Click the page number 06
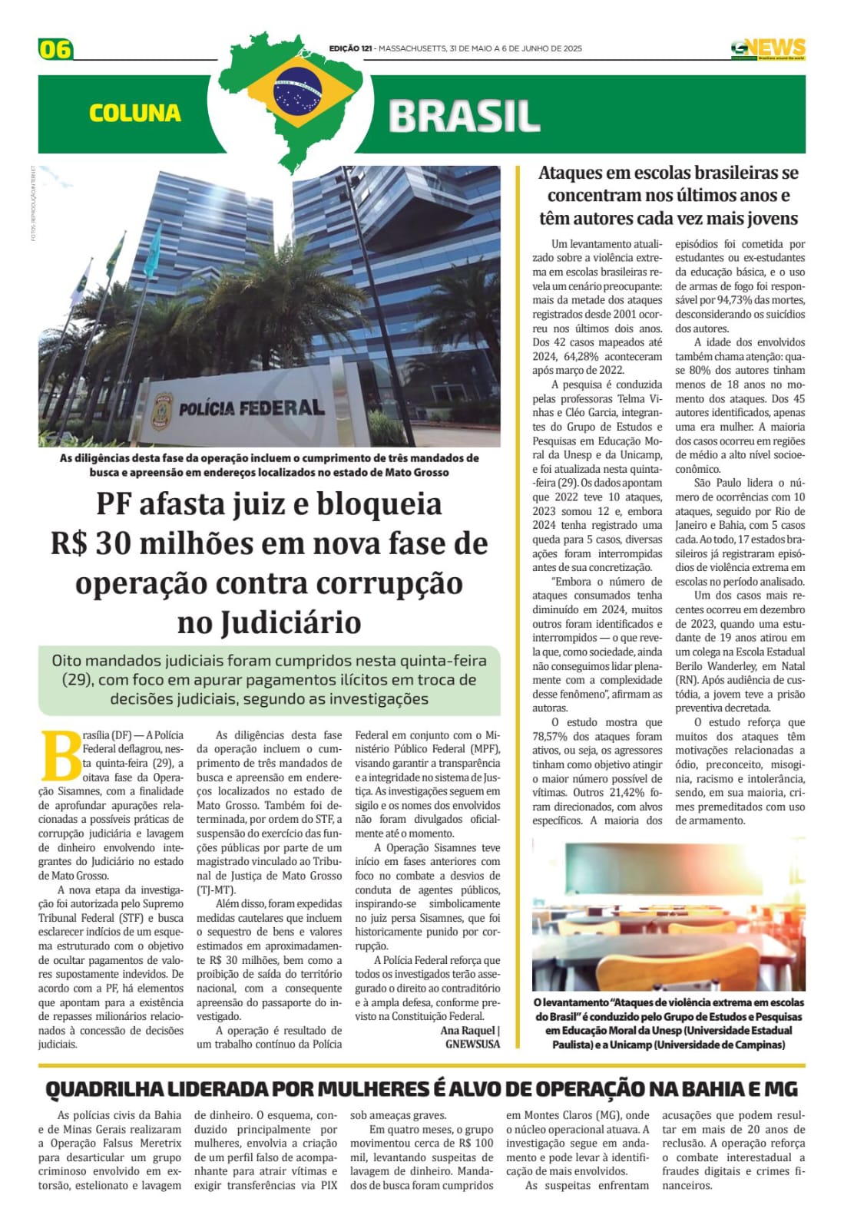55,50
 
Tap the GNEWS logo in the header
767,49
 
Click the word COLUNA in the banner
135,114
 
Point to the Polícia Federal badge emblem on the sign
162,407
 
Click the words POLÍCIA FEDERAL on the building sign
251,408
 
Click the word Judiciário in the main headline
269,622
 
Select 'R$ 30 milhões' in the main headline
152,543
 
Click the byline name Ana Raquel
467,1031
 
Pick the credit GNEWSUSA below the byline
472,1044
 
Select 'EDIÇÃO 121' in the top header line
351,48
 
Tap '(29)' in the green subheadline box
78,679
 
